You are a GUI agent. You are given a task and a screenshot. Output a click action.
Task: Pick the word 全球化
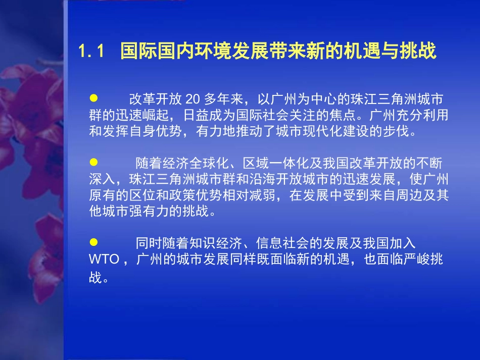pos(206,164)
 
